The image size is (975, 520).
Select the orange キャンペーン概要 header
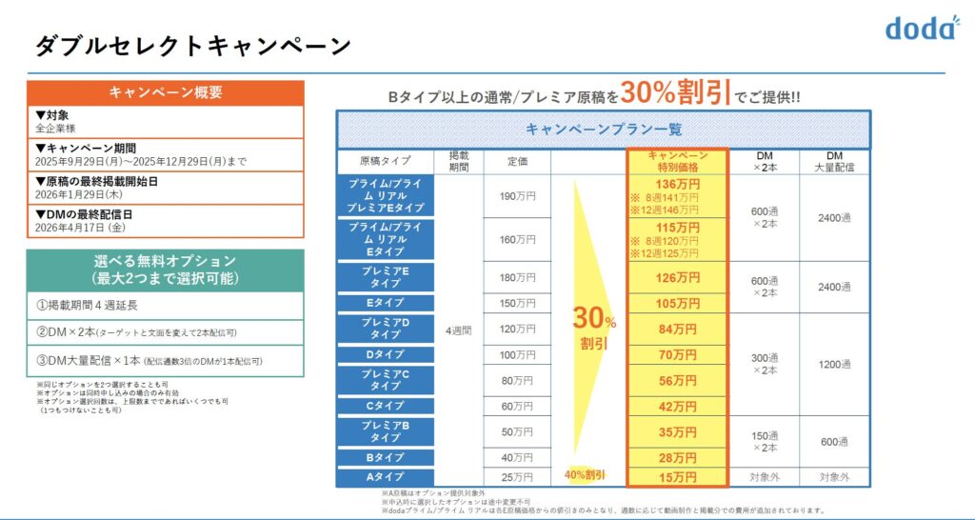pyautogui.click(x=166, y=92)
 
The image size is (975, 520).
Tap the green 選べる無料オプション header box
pyautogui.click(x=166, y=270)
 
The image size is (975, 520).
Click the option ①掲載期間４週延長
pyautogui.click(x=89, y=306)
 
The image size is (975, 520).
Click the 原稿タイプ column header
pyautogui.click(x=386, y=161)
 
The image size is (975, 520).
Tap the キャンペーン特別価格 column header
pyautogui.click(x=677, y=161)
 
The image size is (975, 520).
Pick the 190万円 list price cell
pyautogui.click(x=517, y=196)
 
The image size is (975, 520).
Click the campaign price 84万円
pyautogui.click(x=678, y=330)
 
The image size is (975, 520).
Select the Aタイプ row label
pyautogui.click(x=386, y=476)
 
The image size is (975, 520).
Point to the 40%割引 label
pyautogui.click(x=585, y=474)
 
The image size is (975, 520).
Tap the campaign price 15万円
pyautogui.click(x=678, y=476)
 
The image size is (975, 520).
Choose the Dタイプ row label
pyautogui.click(x=386, y=354)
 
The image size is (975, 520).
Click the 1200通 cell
pyautogui.click(x=834, y=364)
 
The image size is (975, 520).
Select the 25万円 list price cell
pyautogui.click(x=517, y=476)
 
